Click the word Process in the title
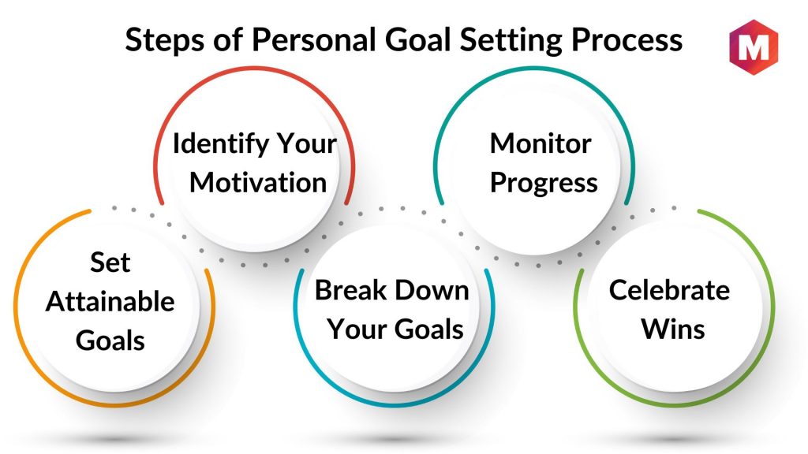coord(627,39)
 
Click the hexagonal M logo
coord(754,47)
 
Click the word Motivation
coord(258,183)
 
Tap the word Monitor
coord(541,143)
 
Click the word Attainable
coord(110,302)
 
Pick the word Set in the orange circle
coord(110,262)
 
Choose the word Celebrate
coord(669,290)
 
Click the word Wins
coord(673,329)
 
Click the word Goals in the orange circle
coord(110,340)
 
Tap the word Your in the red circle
coord(307,143)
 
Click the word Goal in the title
coord(418,39)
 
